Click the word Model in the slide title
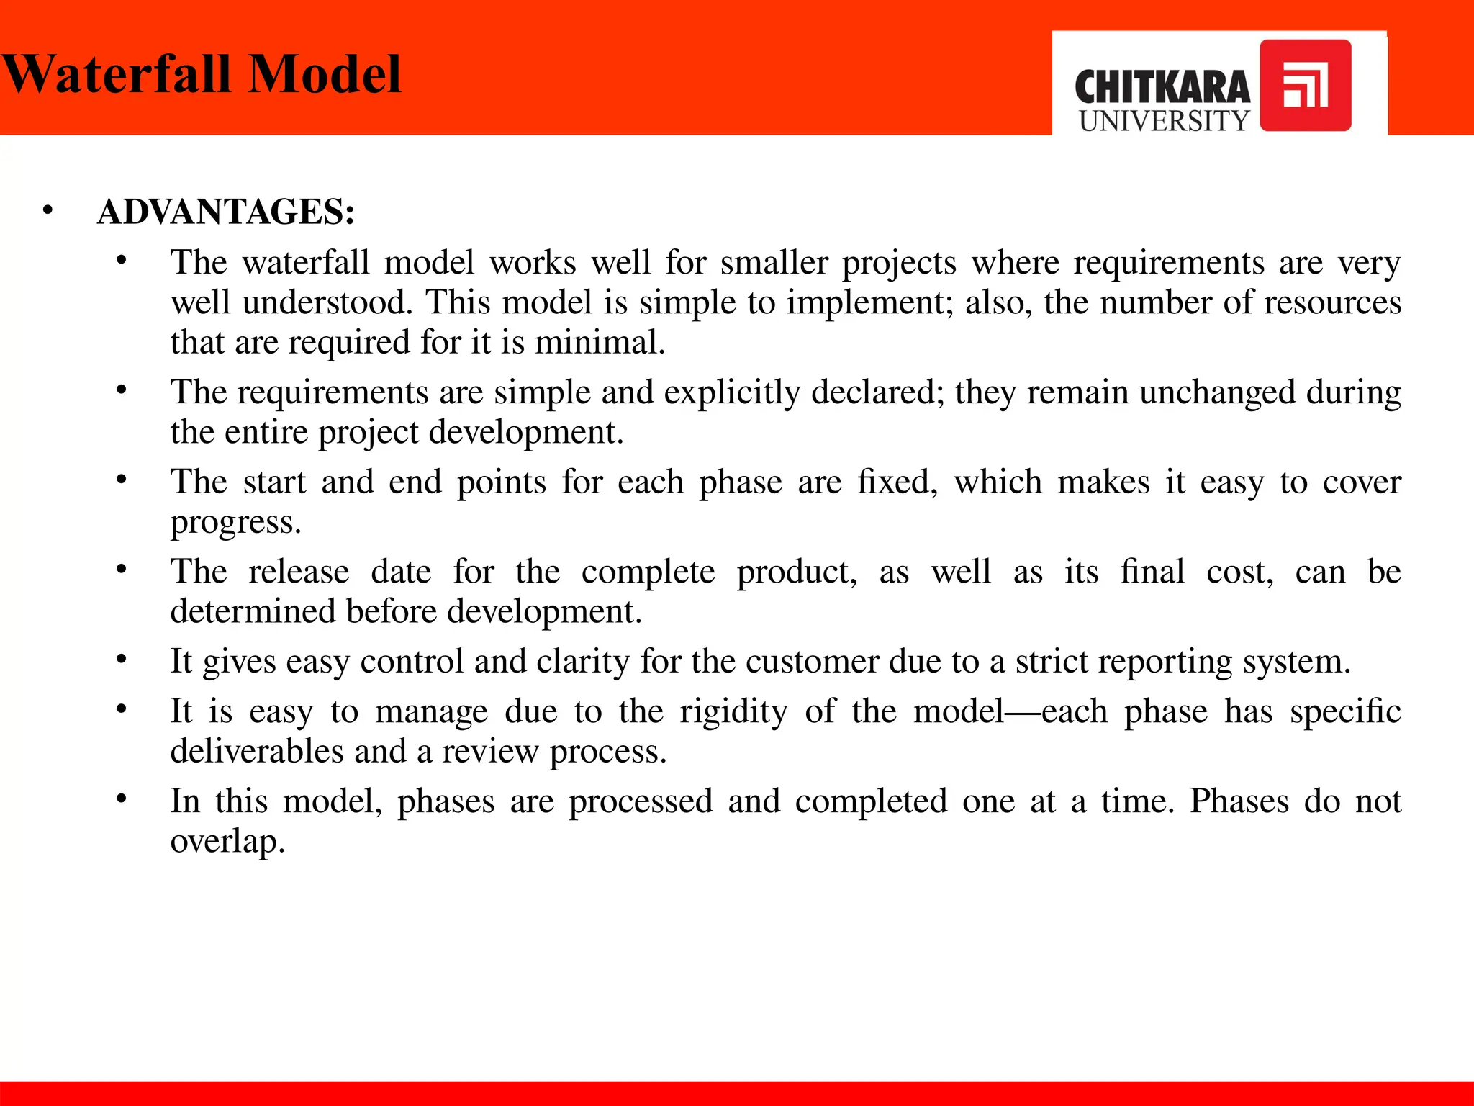324,74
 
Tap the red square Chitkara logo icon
1305,86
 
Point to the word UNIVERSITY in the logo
1164,121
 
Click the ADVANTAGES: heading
226,212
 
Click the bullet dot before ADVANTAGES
48,211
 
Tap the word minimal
600,342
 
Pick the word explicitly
731,392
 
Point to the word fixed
897,482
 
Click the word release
299,572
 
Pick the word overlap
227,842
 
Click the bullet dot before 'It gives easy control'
122,660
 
